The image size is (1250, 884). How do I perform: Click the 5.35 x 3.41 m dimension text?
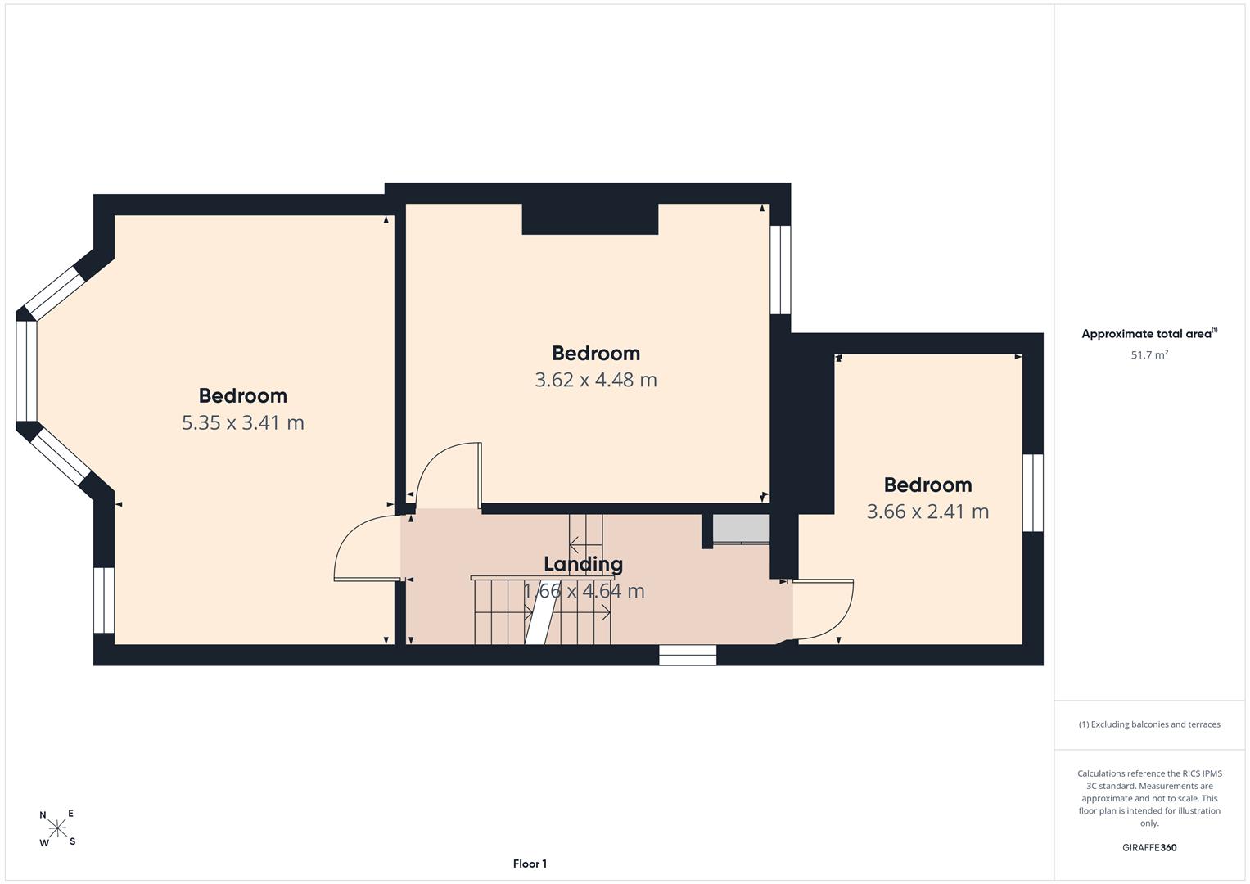point(243,422)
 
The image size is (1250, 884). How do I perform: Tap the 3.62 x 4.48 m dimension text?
point(596,380)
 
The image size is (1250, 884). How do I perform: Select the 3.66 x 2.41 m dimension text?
point(927,512)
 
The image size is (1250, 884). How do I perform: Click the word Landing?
point(583,564)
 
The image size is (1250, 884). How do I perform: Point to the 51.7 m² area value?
point(1149,354)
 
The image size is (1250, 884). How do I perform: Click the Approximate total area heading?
point(1149,334)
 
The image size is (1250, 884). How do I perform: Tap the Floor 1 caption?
point(530,864)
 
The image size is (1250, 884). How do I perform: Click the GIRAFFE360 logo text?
point(1149,847)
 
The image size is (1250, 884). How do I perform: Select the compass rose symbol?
point(57,828)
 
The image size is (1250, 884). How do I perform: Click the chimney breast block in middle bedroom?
point(590,219)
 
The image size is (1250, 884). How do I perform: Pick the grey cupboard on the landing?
point(741,529)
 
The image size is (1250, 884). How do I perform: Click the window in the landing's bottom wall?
point(688,655)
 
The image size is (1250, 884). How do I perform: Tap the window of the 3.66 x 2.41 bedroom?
point(1033,493)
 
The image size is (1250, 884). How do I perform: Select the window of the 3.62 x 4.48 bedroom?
point(780,270)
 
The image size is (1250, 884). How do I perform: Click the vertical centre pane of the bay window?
point(26,371)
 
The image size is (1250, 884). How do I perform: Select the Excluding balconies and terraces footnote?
point(1149,724)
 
